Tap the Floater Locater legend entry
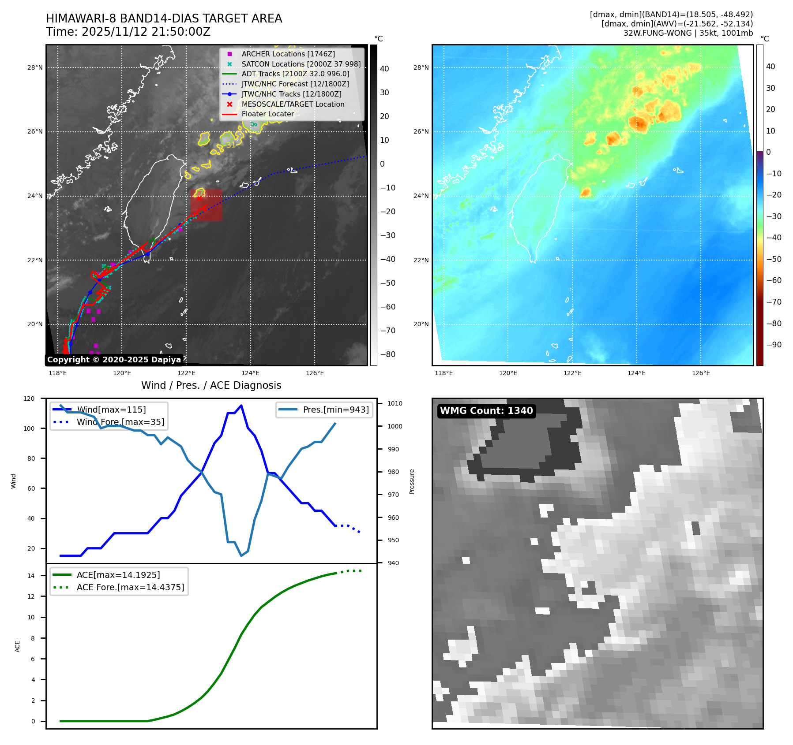click(x=267, y=114)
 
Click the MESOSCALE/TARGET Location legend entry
click(x=293, y=104)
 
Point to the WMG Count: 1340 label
click(x=486, y=411)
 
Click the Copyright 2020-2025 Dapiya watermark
click(x=114, y=360)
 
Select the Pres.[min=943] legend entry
click(x=335, y=410)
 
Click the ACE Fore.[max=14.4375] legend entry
click(x=130, y=587)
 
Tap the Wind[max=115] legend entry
click(x=111, y=410)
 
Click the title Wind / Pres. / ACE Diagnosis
click(x=211, y=385)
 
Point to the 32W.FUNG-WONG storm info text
click(x=688, y=33)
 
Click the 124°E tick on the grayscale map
click(x=250, y=373)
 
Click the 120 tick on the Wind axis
click(x=29, y=399)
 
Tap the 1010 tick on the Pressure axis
click(x=395, y=403)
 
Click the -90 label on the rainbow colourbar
click(x=774, y=345)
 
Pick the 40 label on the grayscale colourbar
click(x=384, y=69)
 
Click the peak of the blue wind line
click(x=241, y=405)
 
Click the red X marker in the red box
click(x=199, y=198)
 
